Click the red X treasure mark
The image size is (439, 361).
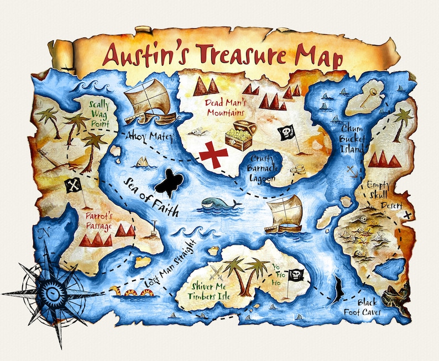pyautogui.click(x=213, y=154)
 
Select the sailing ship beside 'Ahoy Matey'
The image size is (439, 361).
pyautogui.click(x=148, y=101)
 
